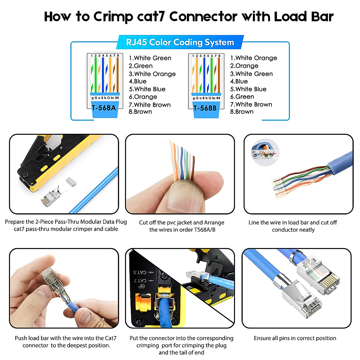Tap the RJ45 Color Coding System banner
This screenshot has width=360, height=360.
point(180,42)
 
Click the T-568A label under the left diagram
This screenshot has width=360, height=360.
point(104,108)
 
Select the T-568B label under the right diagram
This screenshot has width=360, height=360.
point(205,108)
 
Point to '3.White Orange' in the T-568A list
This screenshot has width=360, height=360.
point(152,74)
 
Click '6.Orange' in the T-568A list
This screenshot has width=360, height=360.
point(143,97)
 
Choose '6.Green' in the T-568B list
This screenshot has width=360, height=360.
point(242,97)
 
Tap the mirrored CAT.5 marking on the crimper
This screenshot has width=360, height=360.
point(140,272)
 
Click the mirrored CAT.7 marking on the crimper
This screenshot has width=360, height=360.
point(140,280)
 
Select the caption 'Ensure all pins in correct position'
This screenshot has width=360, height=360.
point(295,338)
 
